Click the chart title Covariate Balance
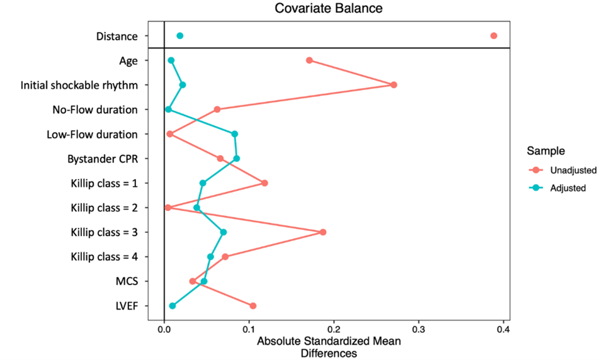[328, 9]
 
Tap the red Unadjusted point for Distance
[494, 36]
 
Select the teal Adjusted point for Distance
[180, 36]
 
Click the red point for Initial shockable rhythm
[394, 85]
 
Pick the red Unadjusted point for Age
[309, 60]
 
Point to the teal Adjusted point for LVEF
[173, 306]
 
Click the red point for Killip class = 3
[323, 232]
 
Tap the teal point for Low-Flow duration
[235, 134]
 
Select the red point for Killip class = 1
[265, 183]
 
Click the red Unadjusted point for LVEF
[253, 306]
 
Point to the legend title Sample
[545, 152]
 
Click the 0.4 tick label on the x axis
[503, 329]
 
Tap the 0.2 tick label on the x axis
[334, 329]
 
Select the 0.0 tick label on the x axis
[164, 329]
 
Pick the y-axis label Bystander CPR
[102, 159]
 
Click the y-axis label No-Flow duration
[95, 110]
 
